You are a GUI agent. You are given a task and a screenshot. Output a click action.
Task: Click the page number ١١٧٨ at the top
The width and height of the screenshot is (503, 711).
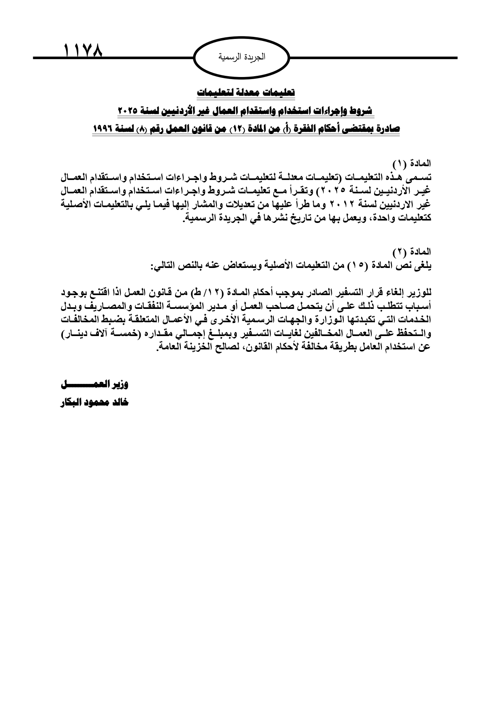[83, 51]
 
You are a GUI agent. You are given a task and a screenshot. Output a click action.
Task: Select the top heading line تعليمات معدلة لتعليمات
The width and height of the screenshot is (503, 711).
[246, 92]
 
